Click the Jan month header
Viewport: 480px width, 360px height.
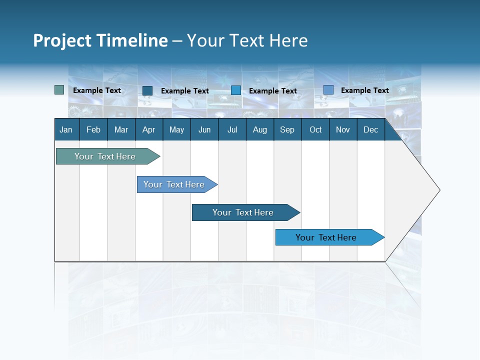point(66,130)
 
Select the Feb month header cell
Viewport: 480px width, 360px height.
point(93,130)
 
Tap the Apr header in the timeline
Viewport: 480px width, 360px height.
point(148,130)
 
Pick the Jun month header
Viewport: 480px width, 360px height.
point(204,130)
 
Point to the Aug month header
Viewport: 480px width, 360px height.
point(259,130)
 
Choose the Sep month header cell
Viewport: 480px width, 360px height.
point(287,130)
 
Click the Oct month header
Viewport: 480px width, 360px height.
point(315,130)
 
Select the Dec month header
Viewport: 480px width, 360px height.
point(370,130)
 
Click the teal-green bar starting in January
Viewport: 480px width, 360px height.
point(105,156)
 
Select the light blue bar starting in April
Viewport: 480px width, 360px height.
point(174,184)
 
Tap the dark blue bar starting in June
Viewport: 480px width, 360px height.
point(243,212)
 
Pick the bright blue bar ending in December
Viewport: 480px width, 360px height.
point(326,237)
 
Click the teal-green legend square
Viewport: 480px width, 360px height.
point(59,90)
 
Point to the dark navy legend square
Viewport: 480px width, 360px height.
point(147,90)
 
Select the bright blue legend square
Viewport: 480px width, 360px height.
point(236,90)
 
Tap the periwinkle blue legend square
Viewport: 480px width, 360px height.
point(328,90)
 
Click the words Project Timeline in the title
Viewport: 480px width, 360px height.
point(100,40)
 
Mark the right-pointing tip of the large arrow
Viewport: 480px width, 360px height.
point(439,190)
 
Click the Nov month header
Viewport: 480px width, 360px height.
point(343,130)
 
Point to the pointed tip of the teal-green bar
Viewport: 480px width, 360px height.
point(159,156)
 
